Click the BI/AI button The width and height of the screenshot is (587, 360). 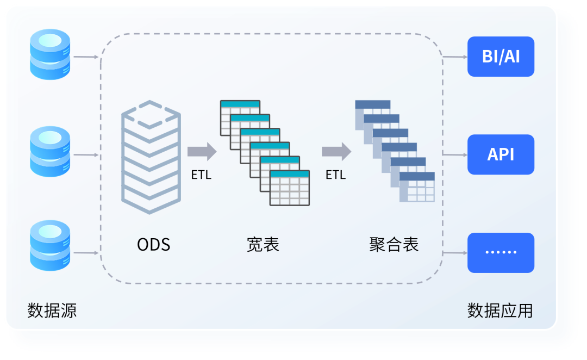coord(501,57)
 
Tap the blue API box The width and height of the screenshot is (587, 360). coord(501,154)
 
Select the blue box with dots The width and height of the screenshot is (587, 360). coord(501,252)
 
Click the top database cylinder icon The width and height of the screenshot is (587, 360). coord(50,54)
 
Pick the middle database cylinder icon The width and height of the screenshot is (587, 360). coord(50,152)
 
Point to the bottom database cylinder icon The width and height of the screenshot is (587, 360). coord(50,245)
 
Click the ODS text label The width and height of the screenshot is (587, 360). coord(153,245)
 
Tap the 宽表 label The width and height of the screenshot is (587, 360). coord(263,245)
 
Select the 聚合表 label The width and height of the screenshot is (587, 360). coord(394,245)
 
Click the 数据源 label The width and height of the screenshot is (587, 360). coord(52,311)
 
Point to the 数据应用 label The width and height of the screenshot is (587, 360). coord(500,311)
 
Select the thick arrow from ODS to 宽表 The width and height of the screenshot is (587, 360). coord(202,151)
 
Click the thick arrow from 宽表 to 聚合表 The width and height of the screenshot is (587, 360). coord(336,151)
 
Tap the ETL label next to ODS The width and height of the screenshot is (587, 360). coord(201,175)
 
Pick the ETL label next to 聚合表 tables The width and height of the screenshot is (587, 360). coord(335,175)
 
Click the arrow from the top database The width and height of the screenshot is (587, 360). coord(86,57)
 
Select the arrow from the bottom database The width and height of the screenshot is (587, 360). coord(86,253)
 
